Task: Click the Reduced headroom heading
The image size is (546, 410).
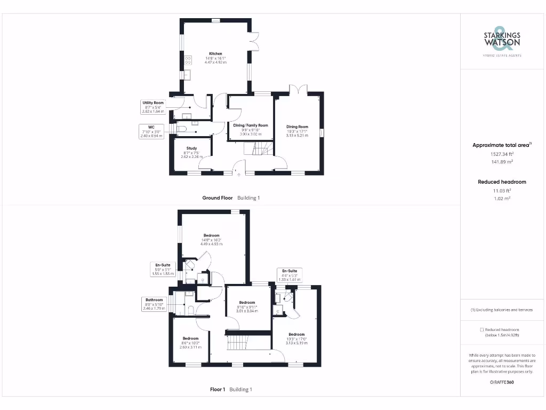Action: tap(502, 182)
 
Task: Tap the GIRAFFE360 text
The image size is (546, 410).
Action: tap(501, 382)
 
